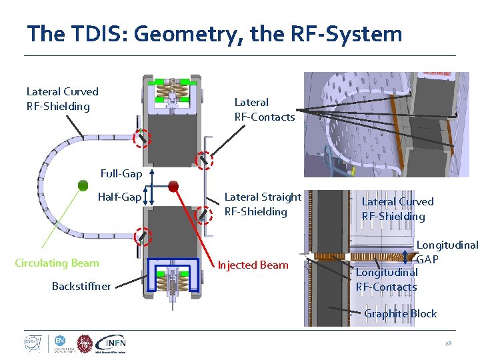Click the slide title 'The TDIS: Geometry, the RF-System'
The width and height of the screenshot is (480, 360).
pos(214,34)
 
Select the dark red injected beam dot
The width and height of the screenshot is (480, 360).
pos(173,185)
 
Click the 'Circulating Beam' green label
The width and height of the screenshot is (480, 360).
pos(57,263)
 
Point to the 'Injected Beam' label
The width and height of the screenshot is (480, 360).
pos(253,265)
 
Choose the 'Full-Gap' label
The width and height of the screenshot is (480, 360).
pos(121,174)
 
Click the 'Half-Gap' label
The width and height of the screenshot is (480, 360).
pos(119,197)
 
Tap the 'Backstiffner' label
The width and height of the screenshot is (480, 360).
pos(82,286)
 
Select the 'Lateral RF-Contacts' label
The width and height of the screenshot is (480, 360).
pos(264,109)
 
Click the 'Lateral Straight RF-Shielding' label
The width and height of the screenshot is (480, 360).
pos(263,204)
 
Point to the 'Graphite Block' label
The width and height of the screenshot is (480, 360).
pos(400,313)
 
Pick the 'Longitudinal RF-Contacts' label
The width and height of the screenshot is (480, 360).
pos(387,279)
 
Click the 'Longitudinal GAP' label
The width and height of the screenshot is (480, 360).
pos(447,251)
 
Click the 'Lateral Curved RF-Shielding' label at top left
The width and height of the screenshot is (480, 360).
pos(62,99)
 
